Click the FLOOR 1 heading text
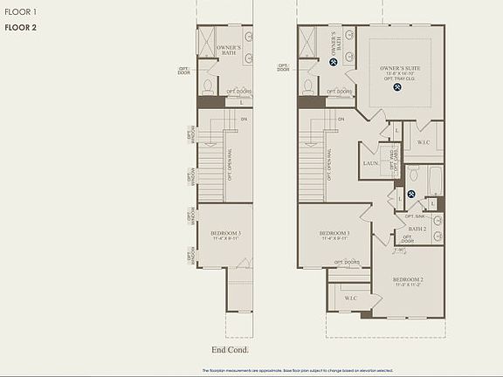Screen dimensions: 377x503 pyautogui.click(x=18, y=11)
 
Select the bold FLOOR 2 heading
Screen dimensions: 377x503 pyautogui.click(x=19, y=28)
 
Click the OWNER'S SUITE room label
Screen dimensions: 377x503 pyautogui.click(x=401, y=67)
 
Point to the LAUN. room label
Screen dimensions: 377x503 pyautogui.click(x=370, y=163)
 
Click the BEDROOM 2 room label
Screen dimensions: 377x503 pyautogui.click(x=409, y=280)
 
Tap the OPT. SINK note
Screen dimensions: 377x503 pyautogui.click(x=415, y=216)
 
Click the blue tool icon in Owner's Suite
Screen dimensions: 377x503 pyautogui.click(x=397, y=98)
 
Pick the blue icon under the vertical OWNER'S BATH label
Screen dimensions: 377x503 pyautogui.click(x=334, y=62)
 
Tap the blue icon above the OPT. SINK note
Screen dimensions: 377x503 pyautogui.click(x=411, y=194)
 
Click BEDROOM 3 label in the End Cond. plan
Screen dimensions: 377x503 pyautogui.click(x=225, y=233)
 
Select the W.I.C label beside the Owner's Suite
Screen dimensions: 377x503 pyautogui.click(x=423, y=142)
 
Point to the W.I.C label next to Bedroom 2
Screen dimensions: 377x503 pyautogui.click(x=351, y=298)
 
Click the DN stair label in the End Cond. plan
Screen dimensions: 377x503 pyautogui.click(x=244, y=119)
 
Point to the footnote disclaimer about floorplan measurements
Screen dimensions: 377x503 pyautogui.click(x=251, y=371)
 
